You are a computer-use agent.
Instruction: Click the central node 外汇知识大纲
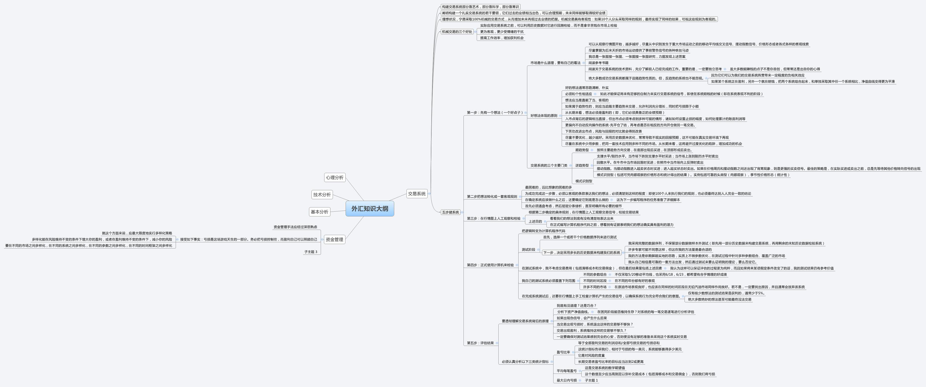370,209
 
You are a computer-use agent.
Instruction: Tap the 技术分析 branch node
322,195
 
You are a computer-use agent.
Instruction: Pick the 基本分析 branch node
319,212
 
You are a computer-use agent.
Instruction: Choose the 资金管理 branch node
334,240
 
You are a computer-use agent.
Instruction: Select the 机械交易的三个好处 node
457,32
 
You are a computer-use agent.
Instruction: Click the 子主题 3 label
310,252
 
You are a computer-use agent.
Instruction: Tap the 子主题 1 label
591,380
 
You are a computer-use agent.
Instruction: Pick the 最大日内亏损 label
566,380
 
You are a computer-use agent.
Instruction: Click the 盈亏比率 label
563,352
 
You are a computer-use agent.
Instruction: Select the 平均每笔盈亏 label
566,371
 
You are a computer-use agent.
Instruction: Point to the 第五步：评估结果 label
480,343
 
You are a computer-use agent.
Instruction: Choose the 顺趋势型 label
582,150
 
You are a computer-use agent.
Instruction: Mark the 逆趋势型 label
582,165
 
